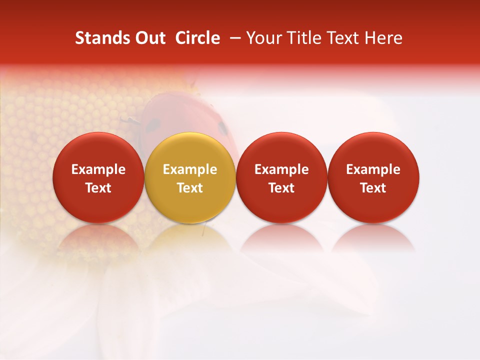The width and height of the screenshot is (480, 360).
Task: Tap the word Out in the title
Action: (x=149, y=38)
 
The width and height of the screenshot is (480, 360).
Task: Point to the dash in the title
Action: (x=236, y=38)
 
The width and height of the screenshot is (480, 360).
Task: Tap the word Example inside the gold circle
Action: (x=190, y=169)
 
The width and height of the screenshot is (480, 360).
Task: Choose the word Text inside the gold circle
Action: (x=190, y=188)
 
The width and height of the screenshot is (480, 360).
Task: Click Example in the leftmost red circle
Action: (x=98, y=169)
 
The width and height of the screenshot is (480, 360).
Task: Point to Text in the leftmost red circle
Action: (x=98, y=188)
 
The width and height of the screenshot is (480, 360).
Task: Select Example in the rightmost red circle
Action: (x=373, y=169)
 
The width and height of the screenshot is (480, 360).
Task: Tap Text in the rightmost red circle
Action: (x=373, y=188)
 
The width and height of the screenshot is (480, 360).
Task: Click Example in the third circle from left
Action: (x=281, y=169)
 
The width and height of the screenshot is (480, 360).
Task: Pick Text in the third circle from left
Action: (x=281, y=188)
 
